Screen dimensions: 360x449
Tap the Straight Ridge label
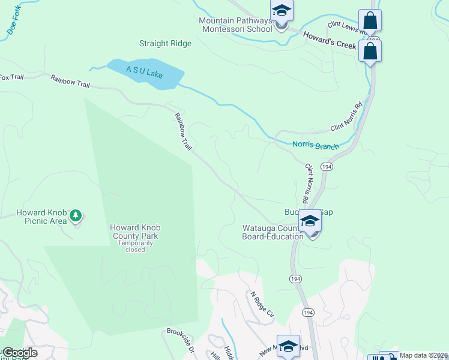point(165,43)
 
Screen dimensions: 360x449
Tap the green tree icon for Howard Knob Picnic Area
point(76,215)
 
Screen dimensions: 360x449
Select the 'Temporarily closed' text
point(135,246)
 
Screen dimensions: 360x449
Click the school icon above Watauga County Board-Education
point(310,222)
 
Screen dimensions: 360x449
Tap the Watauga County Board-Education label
point(272,232)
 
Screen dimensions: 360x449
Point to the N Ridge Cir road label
point(262,305)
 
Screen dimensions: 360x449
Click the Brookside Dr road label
point(181,340)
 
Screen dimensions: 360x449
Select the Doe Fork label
point(11,25)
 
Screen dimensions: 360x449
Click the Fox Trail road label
point(12,77)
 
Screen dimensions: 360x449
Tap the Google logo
point(20,352)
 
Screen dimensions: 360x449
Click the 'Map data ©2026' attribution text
point(423,355)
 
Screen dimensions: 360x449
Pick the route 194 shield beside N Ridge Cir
point(308,313)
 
